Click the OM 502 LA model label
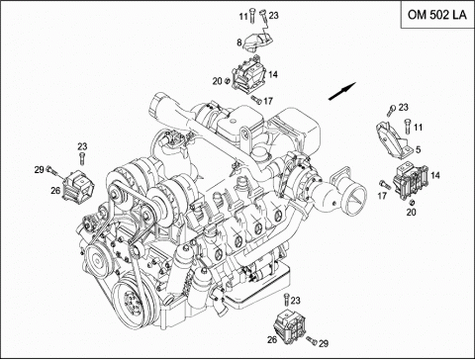[437, 15]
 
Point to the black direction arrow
[342, 91]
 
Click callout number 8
[238, 43]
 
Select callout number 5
[419, 149]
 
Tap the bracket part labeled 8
[258, 43]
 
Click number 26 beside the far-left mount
[55, 190]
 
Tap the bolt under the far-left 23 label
[82, 158]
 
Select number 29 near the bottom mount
[324, 343]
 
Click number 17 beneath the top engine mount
[268, 101]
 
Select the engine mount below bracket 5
[411, 180]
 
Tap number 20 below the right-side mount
[411, 212]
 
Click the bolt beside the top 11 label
[252, 15]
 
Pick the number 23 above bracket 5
[403, 107]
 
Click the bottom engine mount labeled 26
[290, 327]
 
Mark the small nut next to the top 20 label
[227, 80]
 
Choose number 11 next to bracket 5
[418, 128]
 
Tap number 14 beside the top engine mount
[273, 74]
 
